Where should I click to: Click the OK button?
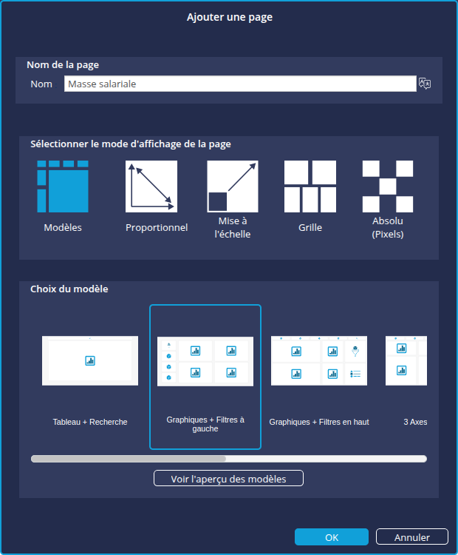[332, 537]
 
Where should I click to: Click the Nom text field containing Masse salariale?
[240, 84]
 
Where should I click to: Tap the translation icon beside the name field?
[425, 84]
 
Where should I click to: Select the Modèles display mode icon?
[63, 186]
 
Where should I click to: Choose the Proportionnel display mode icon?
[151, 186]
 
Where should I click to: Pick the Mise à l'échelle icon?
[233, 186]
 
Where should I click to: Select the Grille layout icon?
[310, 186]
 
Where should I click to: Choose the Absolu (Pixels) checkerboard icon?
[388, 186]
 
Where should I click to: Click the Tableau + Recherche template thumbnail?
[90, 360]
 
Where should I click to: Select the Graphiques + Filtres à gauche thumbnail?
[205, 361]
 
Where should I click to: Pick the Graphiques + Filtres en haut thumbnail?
[319, 360]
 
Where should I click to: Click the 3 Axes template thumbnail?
[406, 360]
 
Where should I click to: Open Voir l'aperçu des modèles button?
[229, 479]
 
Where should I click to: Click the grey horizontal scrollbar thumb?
[129, 459]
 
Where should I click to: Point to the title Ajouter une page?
[230, 17]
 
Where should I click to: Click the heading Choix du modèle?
[69, 289]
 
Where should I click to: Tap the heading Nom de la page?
[63, 65]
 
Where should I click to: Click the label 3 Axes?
[415, 422]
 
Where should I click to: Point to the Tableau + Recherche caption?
[90, 422]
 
